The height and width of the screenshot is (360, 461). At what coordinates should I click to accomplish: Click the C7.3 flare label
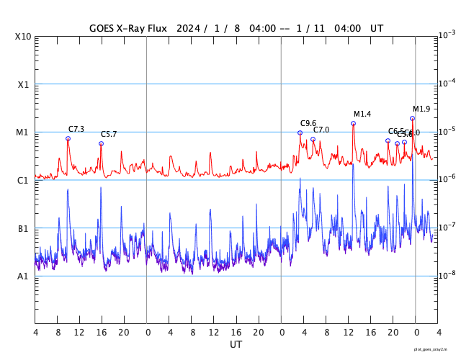click(76, 129)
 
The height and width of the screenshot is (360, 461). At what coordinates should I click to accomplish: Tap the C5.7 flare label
click(109, 134)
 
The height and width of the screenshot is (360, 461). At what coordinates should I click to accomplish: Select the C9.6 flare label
click(308, 123)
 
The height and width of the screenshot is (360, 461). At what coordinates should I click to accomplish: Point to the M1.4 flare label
click(362, 114)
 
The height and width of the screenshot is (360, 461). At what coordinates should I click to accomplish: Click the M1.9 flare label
click(421, 109)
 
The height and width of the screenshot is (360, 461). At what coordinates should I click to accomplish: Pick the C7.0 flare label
click(321, 130)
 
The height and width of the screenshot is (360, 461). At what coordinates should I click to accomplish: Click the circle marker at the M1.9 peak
click(412, 118)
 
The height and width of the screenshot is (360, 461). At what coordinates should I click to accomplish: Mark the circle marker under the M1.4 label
click(353, 123)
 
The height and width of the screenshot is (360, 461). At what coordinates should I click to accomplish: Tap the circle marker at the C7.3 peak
click(68, 138)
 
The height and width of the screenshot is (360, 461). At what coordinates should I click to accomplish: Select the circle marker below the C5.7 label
click(101, 143)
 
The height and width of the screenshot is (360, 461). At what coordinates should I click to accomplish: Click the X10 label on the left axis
click(24, 36)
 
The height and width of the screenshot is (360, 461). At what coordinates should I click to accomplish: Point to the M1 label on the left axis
click(22, 132)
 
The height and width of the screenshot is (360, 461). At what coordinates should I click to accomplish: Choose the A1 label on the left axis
click(23, 276)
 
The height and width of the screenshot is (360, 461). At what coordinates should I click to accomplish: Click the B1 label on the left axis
click(23, 228)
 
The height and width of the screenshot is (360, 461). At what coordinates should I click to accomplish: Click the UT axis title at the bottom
click(236, 345)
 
